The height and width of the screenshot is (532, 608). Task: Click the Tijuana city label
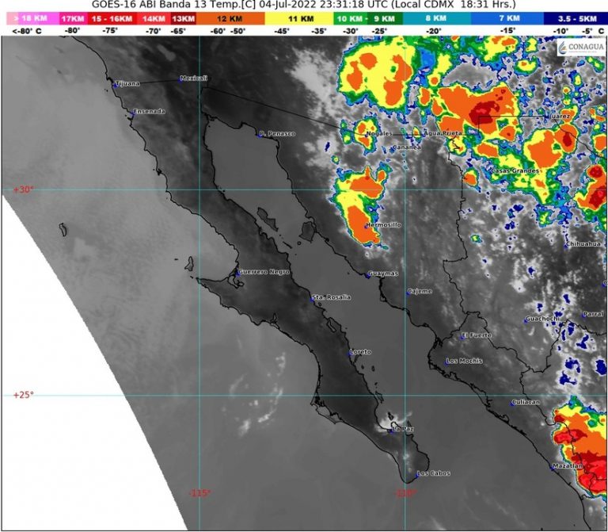127,83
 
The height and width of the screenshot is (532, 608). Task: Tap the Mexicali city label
193,78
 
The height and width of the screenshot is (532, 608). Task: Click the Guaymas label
384,274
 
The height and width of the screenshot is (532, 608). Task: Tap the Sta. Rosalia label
331,297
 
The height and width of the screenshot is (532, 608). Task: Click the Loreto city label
361,352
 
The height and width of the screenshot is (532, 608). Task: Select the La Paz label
404,430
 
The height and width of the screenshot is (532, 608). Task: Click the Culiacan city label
526,402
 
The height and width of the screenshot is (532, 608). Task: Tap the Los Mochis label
464,362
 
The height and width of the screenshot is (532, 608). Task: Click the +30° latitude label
23,189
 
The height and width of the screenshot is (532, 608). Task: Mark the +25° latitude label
23,395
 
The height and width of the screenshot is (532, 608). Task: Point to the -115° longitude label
199,493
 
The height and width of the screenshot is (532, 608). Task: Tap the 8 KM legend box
434,17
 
